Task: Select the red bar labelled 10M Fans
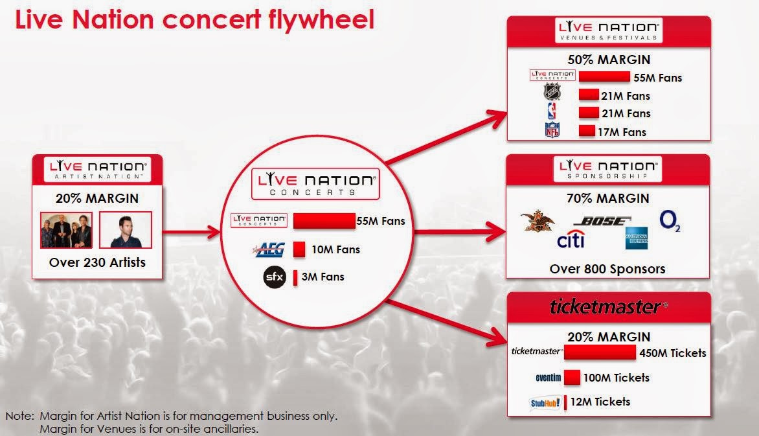(x=299, y=249)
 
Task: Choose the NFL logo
(x=552, y=132)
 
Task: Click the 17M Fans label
(x=623, y=132)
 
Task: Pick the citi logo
(x=571, y=241)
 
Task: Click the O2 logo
(x=669, y=221)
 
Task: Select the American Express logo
(x=637, y=238)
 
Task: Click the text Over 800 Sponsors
(x=607, y=268)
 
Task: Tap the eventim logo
(x=546, y=378)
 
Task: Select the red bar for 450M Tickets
(x=600, y=352)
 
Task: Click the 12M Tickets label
(x=600, y=402)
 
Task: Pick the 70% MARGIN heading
(x=608, y=199)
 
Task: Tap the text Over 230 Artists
(x=97, y=262)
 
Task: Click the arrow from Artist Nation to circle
(x=190, y=230)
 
